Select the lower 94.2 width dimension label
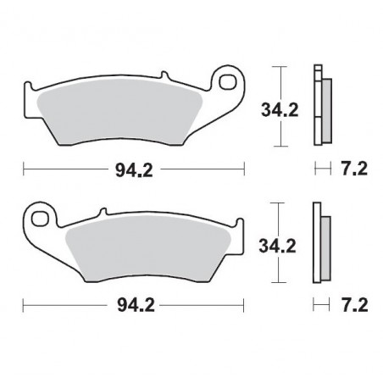133,302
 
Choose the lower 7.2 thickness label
349,302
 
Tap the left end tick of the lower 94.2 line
23,302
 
